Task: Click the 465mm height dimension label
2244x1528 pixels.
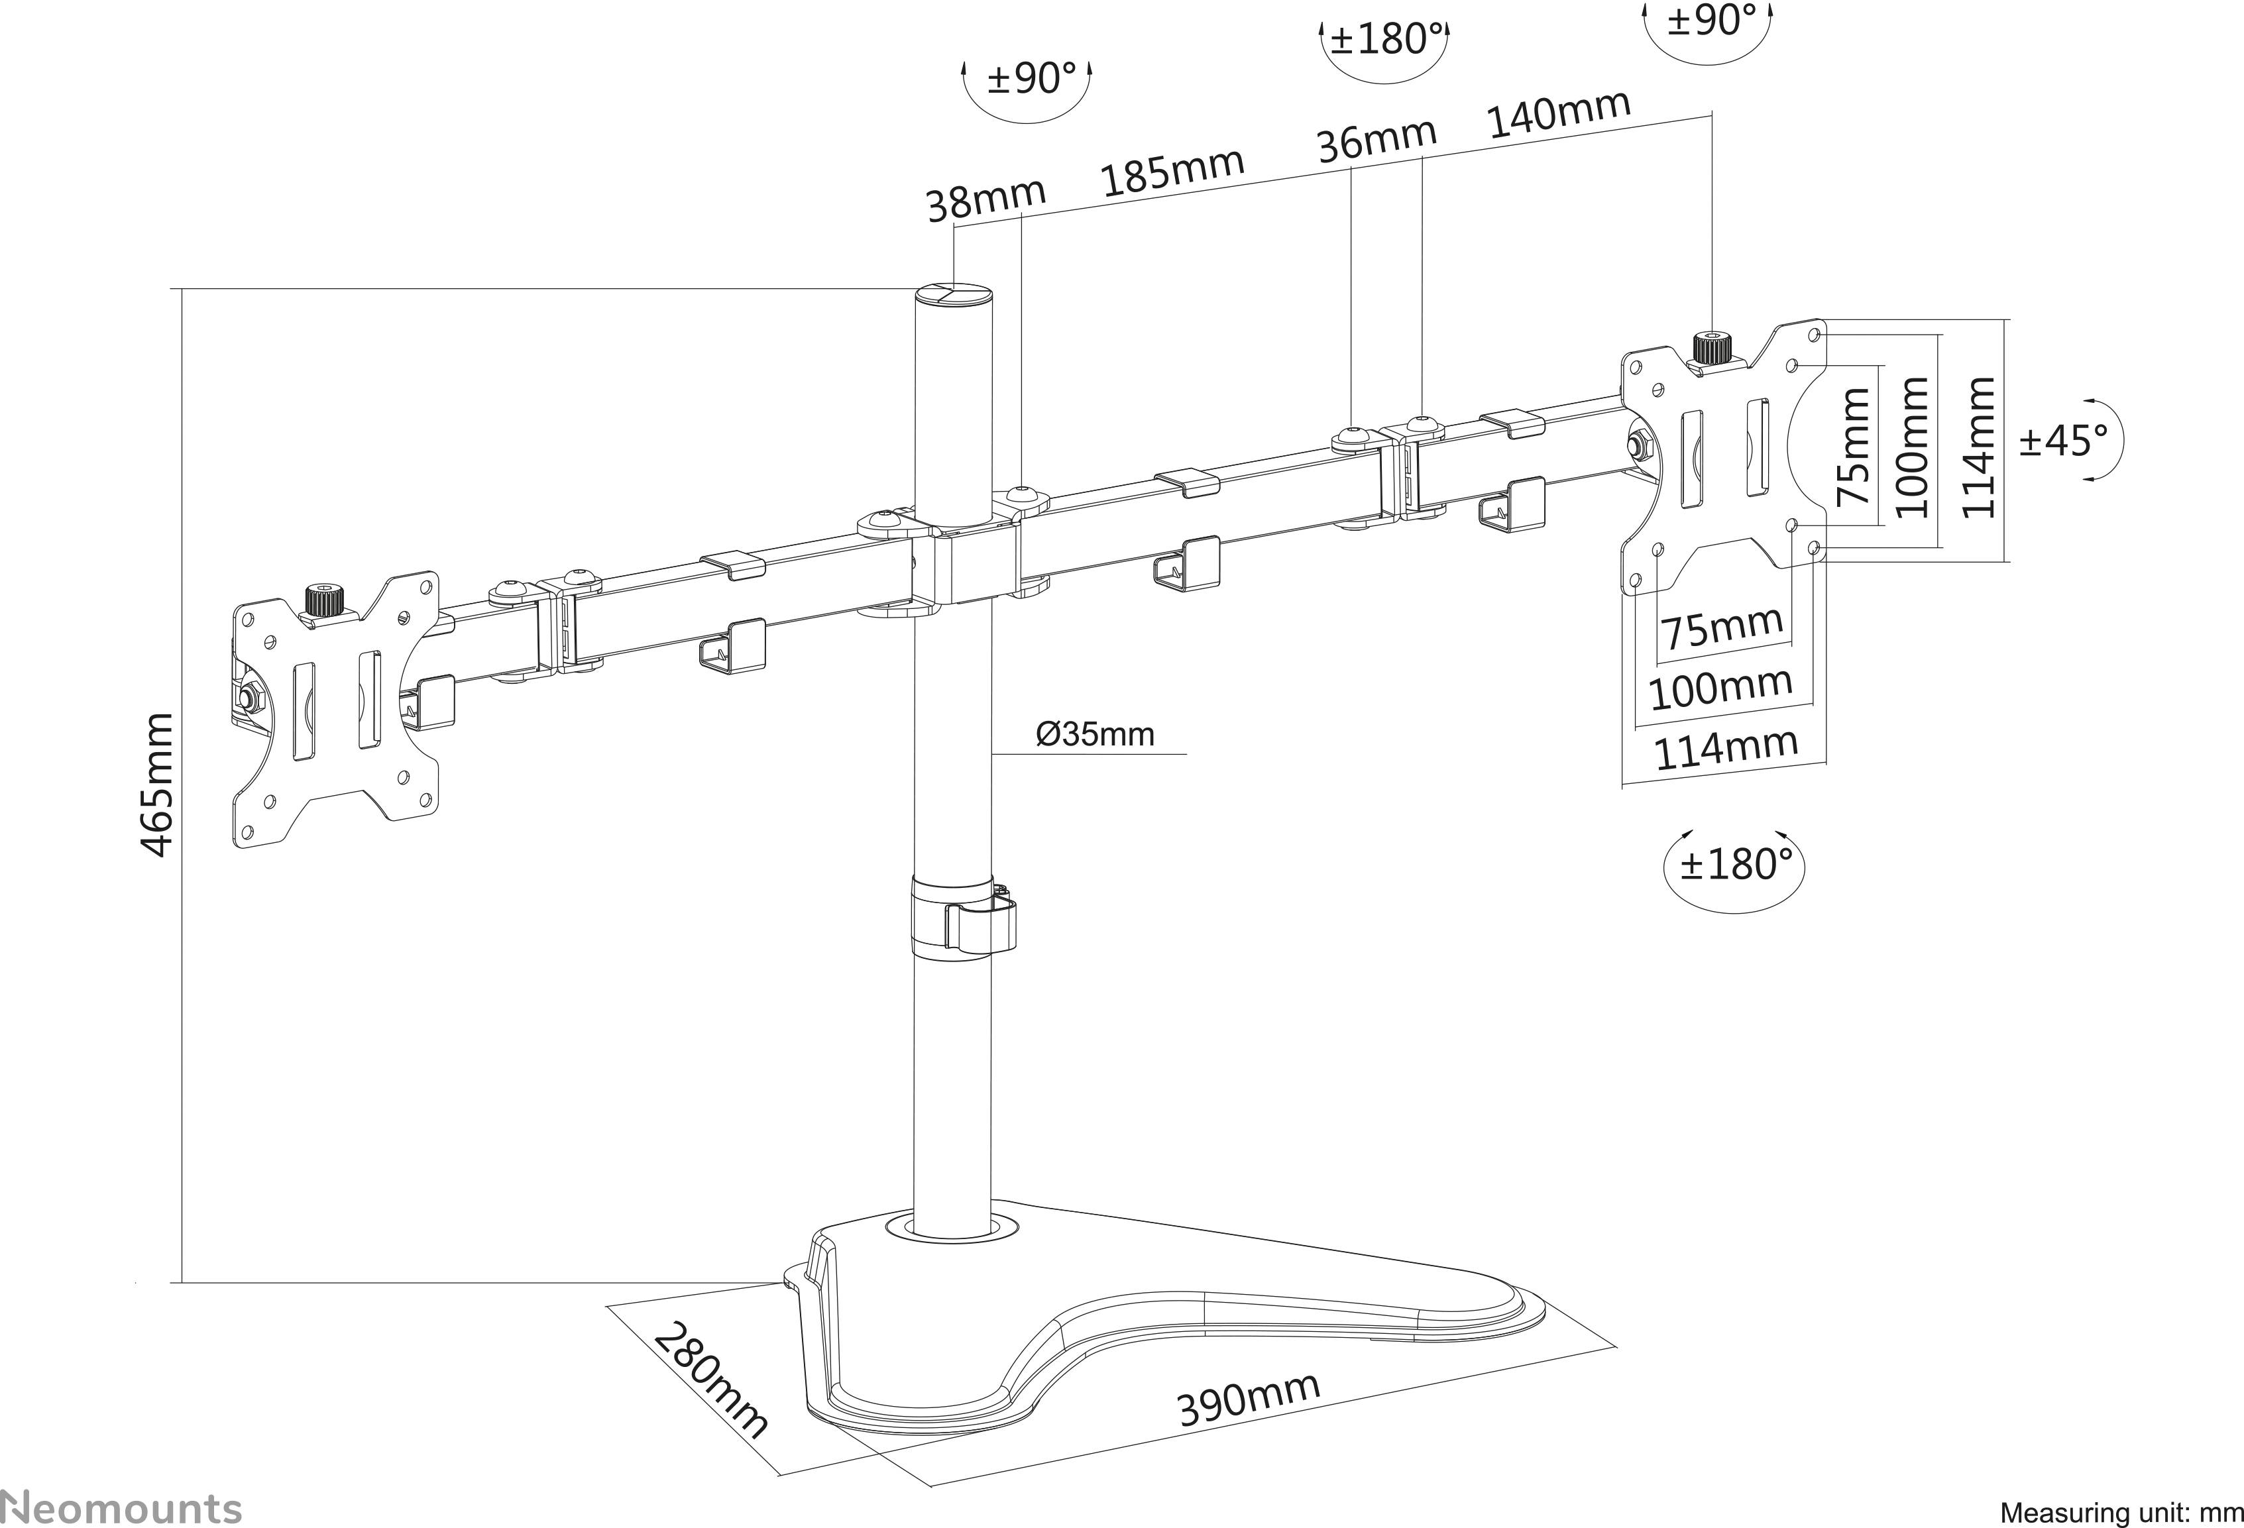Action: tap(157, 784)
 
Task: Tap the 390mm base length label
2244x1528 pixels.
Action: tap(1247, 1399)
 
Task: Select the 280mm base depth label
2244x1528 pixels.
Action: tap(712, 1382)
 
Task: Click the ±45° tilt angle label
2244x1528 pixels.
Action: tap(2064, 440)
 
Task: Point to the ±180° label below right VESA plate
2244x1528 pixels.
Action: tap(1735, 864)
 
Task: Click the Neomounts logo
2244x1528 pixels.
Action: tap(121, 1507)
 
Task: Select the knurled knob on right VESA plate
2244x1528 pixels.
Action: tap(1711, 347)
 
